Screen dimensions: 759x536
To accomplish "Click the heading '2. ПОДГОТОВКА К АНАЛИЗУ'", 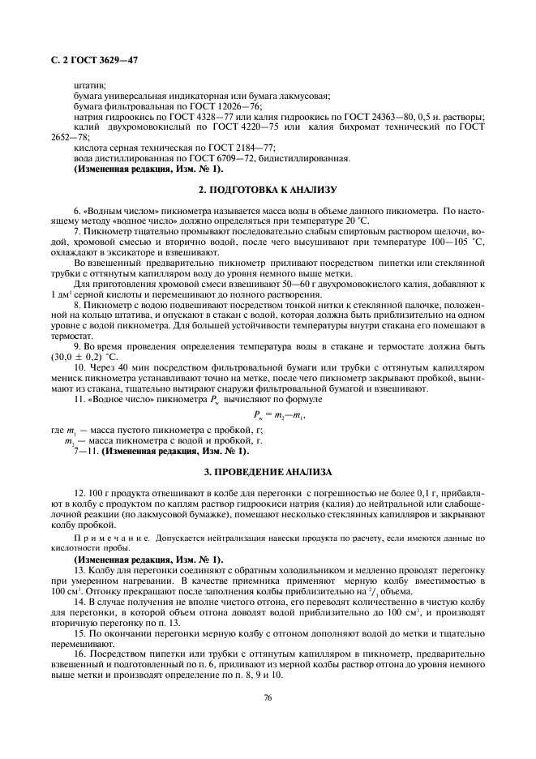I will point(268,190).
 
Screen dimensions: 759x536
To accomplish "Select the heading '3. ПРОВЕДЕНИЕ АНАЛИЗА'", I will point(268,470).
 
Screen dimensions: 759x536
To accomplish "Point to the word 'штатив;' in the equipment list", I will point(89,85).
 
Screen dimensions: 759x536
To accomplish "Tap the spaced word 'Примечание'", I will point(102,538).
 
